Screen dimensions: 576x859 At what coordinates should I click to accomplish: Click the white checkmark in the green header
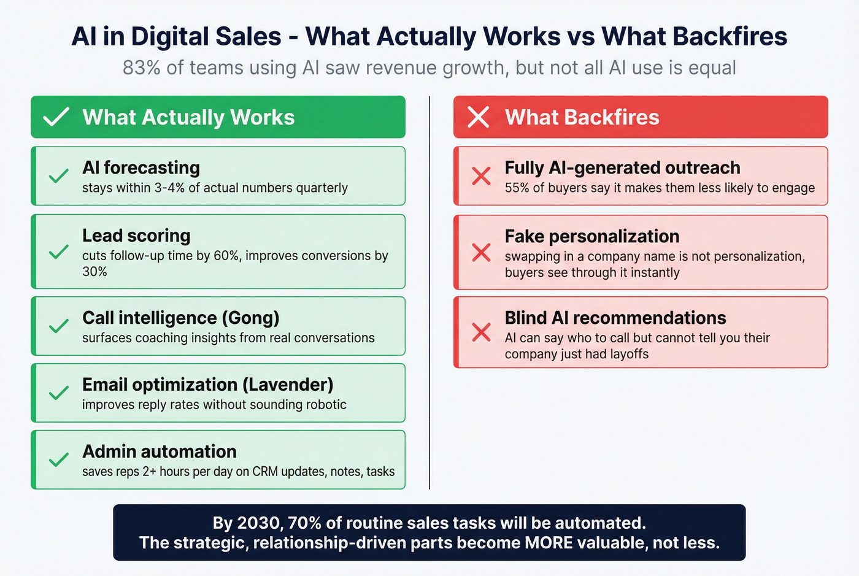tap(56, 117)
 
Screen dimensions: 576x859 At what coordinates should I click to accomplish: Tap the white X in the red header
tap(478, 117)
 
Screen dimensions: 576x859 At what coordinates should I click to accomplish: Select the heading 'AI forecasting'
tap(141, 167)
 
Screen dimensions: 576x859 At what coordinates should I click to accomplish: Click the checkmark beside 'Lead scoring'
tap(58, 252)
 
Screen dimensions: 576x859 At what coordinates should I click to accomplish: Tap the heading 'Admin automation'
tap(160, 451)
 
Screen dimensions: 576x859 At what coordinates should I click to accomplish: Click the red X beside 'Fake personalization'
tap(481, 252)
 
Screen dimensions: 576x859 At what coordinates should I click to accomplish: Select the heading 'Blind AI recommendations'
tap(615, 318)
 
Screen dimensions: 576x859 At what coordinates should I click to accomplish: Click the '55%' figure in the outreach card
tap(517, 188)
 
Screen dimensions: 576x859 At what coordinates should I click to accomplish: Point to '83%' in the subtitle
tap(141, 67)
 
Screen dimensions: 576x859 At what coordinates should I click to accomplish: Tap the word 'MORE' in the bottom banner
tap(549, 543)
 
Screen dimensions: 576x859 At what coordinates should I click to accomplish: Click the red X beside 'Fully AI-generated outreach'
tap(481, 176)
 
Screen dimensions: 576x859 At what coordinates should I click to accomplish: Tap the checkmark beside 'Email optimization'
tap(58, 393)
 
